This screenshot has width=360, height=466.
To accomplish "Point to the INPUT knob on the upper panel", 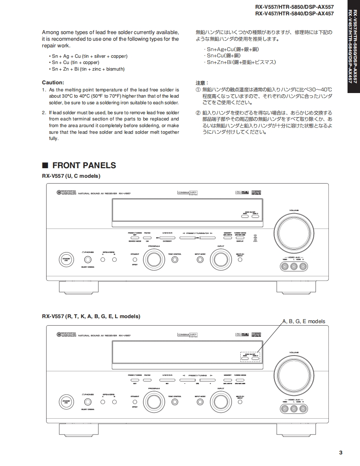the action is (220, 260).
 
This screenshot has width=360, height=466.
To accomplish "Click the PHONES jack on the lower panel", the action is (88, 402).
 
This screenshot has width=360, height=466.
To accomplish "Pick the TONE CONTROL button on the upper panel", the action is (175, 260).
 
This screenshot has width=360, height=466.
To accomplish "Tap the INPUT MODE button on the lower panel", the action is (200, 402).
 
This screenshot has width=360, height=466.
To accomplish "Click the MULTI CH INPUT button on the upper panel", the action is (240, 260).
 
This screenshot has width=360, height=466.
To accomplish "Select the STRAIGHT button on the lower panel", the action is (135, 402).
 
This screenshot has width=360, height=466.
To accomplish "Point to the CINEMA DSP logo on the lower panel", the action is (187, 334).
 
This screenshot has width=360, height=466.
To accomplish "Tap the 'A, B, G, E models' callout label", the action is (303, 321).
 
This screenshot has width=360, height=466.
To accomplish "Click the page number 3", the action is (340, 453).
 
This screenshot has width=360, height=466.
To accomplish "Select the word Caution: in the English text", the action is (53, 82).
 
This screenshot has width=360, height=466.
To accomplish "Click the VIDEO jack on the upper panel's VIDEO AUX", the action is (285, 267).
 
